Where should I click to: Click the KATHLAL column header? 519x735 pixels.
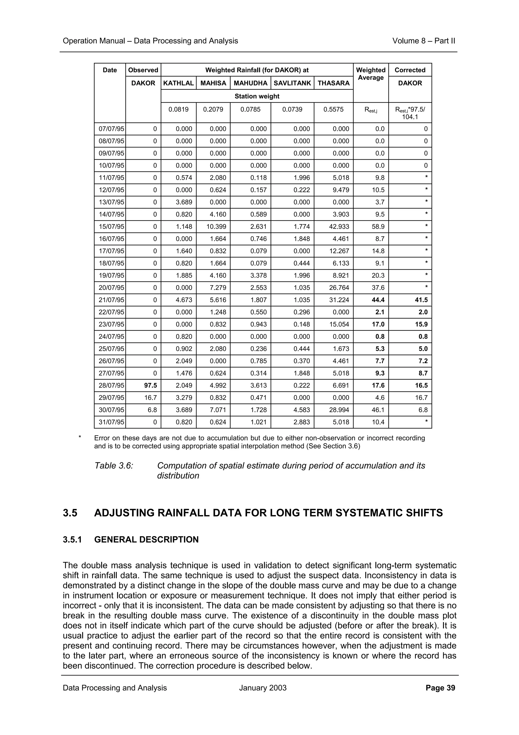(x=178, y=83)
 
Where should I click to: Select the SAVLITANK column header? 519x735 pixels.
(x=292, y=83)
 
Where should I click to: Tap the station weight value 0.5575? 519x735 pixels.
(x=333, y=110)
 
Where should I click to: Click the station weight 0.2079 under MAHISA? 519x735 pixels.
(x=213, y=110)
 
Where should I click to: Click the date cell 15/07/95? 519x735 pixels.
(x=110, y=227)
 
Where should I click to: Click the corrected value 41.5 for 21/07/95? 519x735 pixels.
(x=421, y=300)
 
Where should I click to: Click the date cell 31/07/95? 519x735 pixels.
(x=110, y=422)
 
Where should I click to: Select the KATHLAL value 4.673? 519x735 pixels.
(x=184, y=300)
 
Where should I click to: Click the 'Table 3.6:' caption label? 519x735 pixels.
(x=114, y=465)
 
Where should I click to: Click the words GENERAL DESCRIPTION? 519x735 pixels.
(x=146, y=540)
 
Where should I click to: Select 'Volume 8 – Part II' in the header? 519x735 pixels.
(x=423, y=41)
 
